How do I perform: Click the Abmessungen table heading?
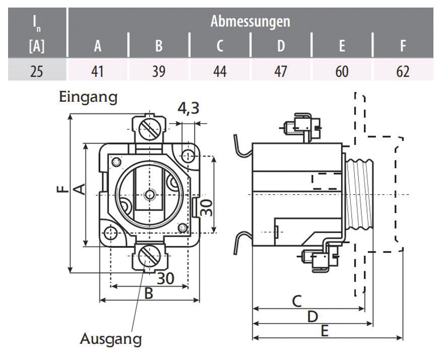click(250, 22)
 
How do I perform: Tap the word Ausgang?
click(111, 339)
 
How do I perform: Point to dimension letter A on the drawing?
click(79, 190)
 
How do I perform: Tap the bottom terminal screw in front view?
click(149, 256)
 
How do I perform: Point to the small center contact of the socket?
click(149, 194)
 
